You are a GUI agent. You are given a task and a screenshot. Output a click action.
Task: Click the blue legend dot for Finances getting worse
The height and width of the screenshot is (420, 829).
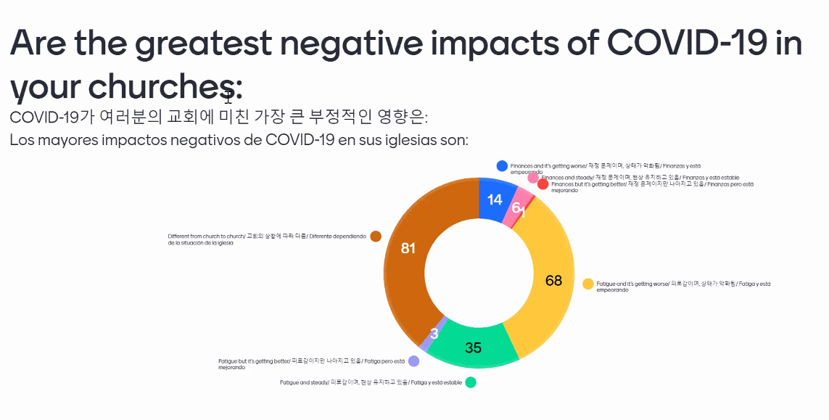pyautogui.click(x=502, y=166)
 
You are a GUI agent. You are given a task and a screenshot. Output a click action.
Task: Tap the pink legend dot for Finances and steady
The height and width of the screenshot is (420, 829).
pyautogui.click(x=533, y=178)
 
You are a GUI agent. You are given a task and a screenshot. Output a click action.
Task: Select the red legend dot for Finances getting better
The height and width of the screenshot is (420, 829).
pyautogui.click(x=543, y=184)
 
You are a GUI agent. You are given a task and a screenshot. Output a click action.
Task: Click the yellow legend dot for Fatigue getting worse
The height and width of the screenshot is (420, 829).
pyautogui.click(x=588, y=283)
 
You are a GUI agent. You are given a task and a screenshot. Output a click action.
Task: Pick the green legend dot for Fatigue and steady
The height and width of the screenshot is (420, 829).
pyautogui.click(x=471, y=382)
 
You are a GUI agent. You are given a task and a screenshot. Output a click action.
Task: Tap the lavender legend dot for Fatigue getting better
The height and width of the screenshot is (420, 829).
pyautogui.click(x=413, y=361)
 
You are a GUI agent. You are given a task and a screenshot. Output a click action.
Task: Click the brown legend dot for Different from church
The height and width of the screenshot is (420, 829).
pyautogui.click(x=376, y=236)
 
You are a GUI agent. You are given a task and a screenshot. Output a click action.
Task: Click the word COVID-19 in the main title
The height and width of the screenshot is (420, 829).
pyautogui.click(x=686, y=43)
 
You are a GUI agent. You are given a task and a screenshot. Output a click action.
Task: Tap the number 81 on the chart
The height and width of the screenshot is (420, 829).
pyautogui.click(x=408, y=248)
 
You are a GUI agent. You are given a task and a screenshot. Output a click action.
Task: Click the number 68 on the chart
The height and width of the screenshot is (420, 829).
pyautogui.click(x=553, y=280)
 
